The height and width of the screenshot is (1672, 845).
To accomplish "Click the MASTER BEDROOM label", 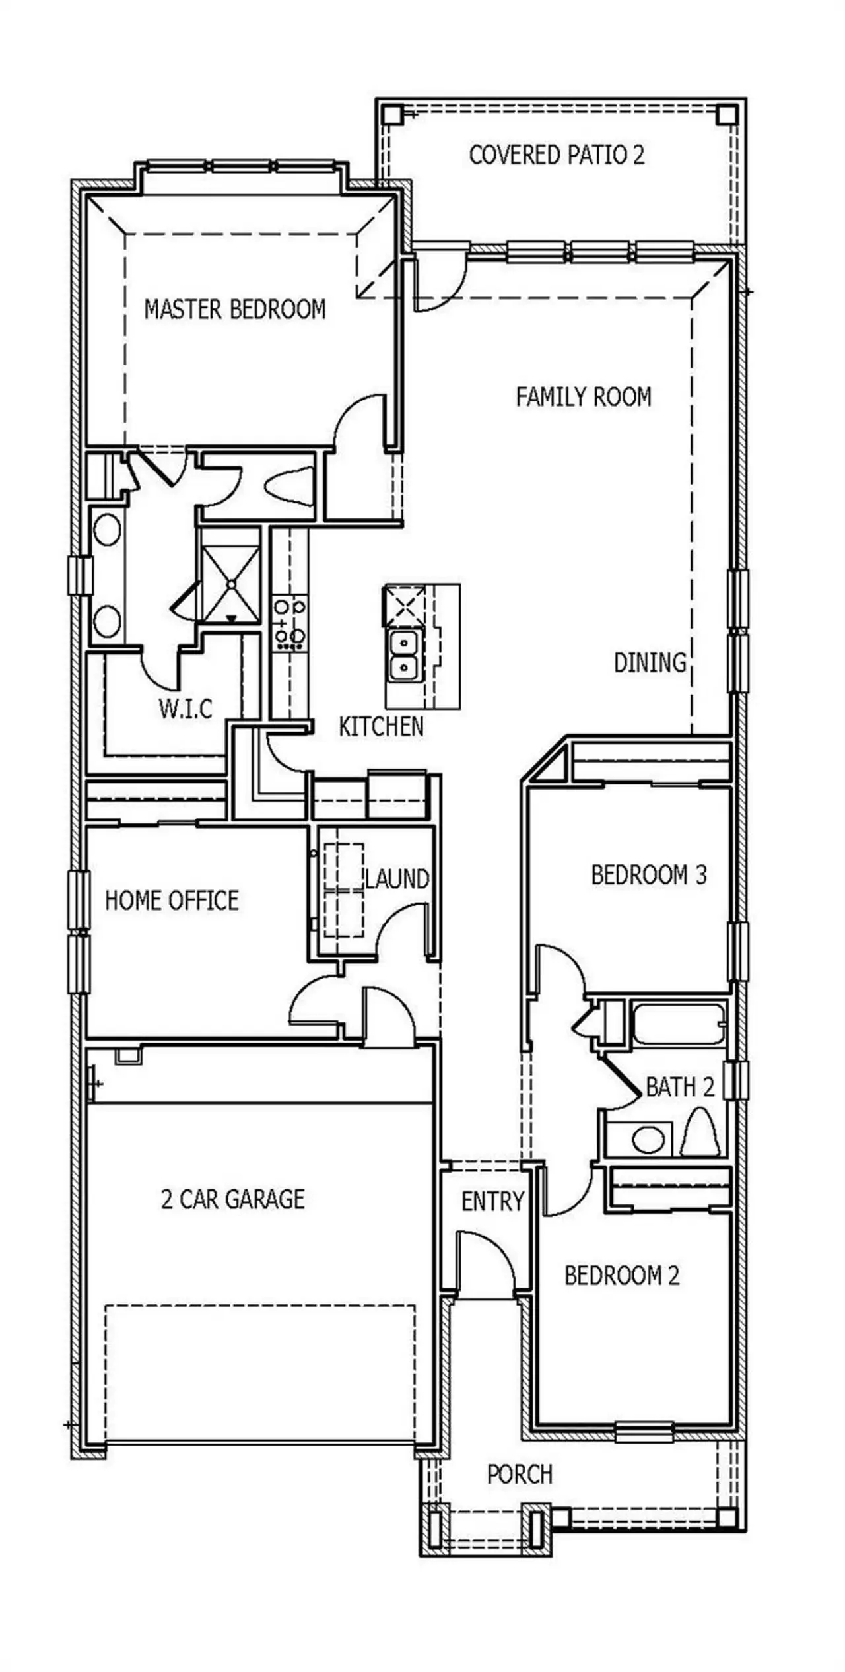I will coord(235,309).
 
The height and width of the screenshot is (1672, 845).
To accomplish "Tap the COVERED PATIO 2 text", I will coord(556,155).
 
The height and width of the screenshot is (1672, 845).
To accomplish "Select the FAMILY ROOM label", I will coord(584,397).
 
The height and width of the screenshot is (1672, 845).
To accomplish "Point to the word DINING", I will coord(650,662).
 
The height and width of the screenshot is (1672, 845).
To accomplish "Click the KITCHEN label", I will coord(381,726).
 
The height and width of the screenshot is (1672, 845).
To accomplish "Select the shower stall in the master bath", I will coord(231,584).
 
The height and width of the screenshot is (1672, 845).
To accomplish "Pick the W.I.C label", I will coord(186,709).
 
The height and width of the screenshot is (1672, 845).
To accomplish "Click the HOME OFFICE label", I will coord(172,901).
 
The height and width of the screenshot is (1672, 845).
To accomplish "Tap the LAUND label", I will coord(398,879).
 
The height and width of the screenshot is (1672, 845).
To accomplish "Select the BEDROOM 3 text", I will coord(648,875).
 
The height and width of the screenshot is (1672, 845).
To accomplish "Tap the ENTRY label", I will coord(492,1201).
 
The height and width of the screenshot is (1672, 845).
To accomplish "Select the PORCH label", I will coord(520,1474).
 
